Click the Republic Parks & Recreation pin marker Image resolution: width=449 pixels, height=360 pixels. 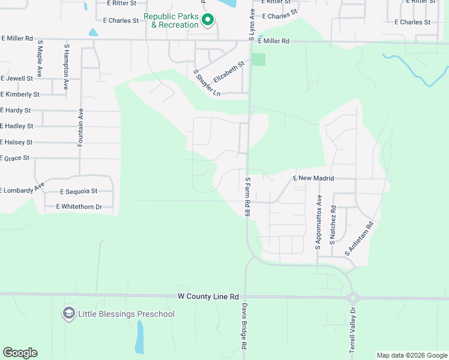tap(208, 20)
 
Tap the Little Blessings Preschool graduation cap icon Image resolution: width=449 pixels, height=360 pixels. tap(69, 313)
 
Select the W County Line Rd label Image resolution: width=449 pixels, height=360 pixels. tap(208, 296)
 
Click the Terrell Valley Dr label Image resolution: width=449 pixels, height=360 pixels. tap(353, 330)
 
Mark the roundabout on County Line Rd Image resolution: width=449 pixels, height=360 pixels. tap(352, 298)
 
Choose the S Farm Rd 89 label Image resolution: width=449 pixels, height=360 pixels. tap(247, 196)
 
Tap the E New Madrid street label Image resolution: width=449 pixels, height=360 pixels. tap(313, 179)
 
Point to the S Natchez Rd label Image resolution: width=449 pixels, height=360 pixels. tap(333, 226)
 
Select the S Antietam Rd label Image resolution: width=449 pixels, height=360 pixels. tap(359, 239)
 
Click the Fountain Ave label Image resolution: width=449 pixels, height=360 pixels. tap(80, 127)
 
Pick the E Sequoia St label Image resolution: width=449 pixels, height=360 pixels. tap(79, 191)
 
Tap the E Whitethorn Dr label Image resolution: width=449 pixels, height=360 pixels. tap(79, 206)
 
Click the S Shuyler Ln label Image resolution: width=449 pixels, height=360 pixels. tap(207, 83)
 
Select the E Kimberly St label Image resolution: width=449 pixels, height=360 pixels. tap(20, 94)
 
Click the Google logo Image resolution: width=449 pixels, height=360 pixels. tap(20, 353)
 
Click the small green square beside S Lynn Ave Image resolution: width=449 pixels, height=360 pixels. tap(258, 59)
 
